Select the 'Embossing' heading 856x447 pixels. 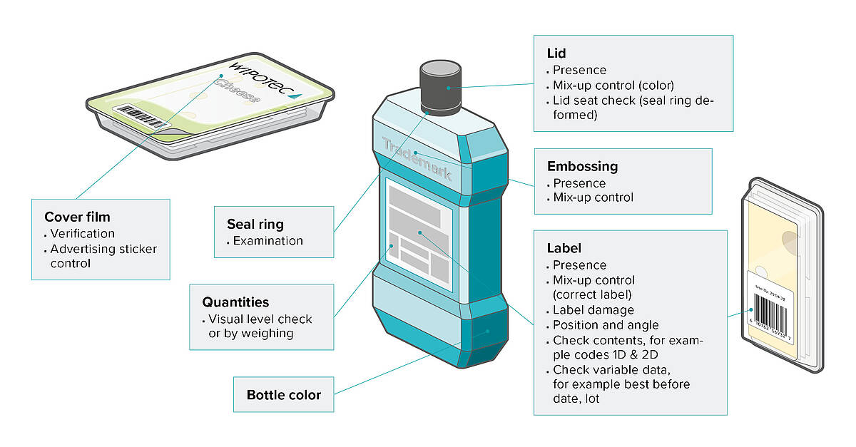(x=582, y=166)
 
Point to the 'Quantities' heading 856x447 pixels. (x=235, y=302)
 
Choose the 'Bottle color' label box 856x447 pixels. (x=284, y=394)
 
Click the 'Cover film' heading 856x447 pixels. (x=77, y=217)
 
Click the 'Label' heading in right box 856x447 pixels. (x=564, y=248)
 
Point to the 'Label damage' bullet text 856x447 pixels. (x=593, y=310)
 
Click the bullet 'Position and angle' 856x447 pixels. (x=606, y=325)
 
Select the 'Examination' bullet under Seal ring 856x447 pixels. (x=268, y=241)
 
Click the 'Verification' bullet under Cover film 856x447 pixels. (x=82, y=233)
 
